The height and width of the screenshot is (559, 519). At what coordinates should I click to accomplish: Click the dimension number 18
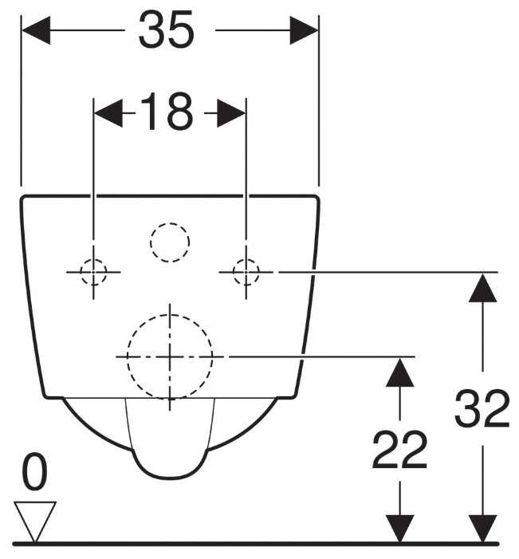pyautogui.click(x=167, y=113)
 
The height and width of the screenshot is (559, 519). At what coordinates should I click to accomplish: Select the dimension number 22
pyautogui.click(x=399, y=451)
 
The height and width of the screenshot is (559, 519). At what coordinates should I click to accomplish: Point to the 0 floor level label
pyautogui.click(x=33, y=474)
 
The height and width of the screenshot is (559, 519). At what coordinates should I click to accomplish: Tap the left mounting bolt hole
pyautogui.click(x=93, y=272)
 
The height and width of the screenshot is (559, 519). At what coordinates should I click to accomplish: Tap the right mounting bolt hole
pyautogui.click(x=246, y=272)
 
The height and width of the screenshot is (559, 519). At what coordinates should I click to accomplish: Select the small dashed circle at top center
pyautogui.click(x=170, y=242)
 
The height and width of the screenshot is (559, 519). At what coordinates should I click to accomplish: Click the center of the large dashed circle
pyautogui.click(x=170, y=356)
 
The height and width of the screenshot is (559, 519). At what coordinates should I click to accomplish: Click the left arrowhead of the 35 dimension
pyautogui.click(x=36, y=31)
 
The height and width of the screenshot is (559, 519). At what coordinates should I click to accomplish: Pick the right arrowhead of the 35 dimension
pyautogui.click(x=304, y=31)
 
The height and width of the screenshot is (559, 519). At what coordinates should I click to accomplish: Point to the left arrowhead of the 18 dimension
pyautogui.click(x=108, y=113)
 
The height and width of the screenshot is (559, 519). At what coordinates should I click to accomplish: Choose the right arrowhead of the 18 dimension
pyautogui.click(x=231, y=113)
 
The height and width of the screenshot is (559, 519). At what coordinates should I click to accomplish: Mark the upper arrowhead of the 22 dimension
pyautogui.click(x=399, y=370)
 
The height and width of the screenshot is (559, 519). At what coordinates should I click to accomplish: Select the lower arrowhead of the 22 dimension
pyautogui.click(x=399, y=529)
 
